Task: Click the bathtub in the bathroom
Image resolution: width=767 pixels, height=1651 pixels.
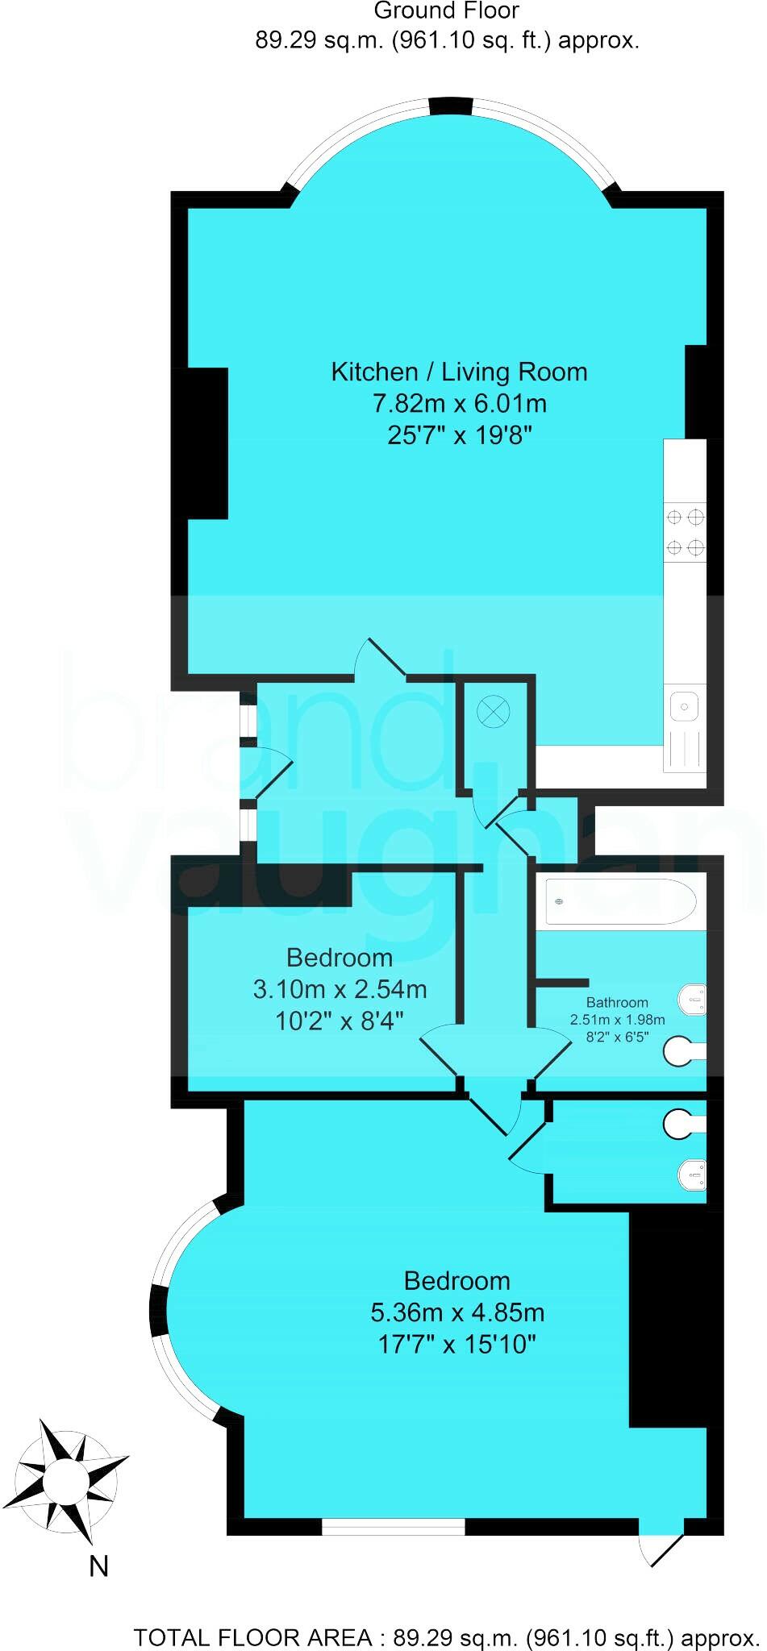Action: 620,901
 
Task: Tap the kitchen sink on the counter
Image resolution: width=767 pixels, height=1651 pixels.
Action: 684,707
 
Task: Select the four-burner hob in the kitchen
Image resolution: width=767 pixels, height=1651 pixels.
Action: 685,532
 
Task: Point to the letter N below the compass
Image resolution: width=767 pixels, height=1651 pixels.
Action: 98,1566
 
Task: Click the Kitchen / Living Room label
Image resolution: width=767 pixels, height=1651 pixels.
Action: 459,372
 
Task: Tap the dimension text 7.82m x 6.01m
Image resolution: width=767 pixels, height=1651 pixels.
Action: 459,403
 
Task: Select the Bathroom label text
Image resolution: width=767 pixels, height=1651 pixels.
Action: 617,1002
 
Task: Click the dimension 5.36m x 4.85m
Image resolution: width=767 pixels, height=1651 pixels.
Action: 457,1312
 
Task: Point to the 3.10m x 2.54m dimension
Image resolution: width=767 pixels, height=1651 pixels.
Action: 340,989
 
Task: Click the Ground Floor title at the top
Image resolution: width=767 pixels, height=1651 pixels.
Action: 446,11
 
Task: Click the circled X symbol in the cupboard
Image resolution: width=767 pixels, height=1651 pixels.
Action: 494,712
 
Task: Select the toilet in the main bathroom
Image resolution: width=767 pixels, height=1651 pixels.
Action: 694,1000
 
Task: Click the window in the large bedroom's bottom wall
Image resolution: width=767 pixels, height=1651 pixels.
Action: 394,1525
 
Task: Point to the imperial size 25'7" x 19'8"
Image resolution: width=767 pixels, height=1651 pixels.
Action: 459,435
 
